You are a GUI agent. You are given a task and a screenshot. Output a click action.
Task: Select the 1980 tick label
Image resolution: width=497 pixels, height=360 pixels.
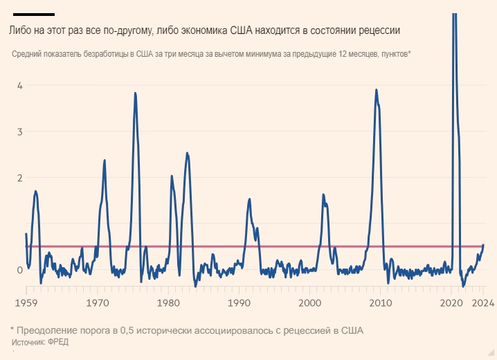click(168, 303)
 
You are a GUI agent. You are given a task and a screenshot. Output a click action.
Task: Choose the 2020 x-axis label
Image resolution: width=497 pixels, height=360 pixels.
click(451, 303)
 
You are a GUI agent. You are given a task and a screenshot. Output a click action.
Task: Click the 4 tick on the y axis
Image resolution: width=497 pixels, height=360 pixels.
click(20, 85)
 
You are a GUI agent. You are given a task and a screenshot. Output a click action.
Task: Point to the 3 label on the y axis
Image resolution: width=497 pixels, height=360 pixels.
click(20, 132)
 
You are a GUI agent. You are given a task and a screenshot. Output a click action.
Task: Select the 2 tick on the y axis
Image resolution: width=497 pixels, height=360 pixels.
click(20, 177)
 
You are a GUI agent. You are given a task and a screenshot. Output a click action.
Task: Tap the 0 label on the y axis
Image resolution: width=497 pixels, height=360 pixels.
click(20, 269)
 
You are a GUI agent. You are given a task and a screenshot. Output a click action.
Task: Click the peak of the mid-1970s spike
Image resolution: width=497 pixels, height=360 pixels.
click(135, 93)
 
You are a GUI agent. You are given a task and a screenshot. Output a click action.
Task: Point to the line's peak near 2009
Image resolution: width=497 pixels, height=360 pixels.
click(376, 89)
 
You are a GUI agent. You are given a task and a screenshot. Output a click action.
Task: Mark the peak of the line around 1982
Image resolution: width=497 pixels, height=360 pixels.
click(187, 152)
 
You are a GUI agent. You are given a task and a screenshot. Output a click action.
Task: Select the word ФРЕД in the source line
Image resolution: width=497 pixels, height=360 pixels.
click(59, 343)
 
